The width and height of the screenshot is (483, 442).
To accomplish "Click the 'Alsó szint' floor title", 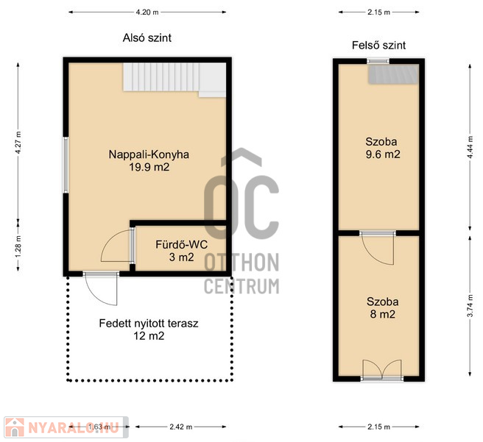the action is pyautogui.click(x=147, y=38).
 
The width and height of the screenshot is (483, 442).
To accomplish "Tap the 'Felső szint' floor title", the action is pyautogui.click(x=378, y=46).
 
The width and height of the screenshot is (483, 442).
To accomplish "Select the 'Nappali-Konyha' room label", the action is pyautogui.click(x=149, y=154).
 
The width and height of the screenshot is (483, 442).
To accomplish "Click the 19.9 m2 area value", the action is pyautogui.click(x=149, y=167).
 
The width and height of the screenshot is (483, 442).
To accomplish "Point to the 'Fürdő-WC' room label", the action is pyautogui.click(x=181, y=244).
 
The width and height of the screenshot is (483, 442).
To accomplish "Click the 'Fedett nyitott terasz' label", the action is pyautogui.click(x=149, y=324).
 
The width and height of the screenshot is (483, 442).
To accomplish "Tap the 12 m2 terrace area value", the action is pyautogui.click(x=149, y=336).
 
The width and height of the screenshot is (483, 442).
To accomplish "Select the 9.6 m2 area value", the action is pyautogui.click(x=383, y=154).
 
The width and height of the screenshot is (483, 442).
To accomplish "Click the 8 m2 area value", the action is pyautogui.click(x=383, y=314).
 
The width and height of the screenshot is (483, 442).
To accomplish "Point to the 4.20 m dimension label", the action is pyautogui.click(x=147, y=13).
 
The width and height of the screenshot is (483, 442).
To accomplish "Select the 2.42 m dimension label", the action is pyautogui.click(x=181, y=427).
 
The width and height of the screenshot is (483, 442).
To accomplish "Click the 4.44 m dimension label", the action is pyautogui.click(x=470, y=147).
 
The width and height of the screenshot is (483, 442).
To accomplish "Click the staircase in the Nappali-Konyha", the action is pyautogui.click(x=174, y=79).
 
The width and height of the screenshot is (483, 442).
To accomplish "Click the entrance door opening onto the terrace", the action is pyautogui.click(x=101, y=288).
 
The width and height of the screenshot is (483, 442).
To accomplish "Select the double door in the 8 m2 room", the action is pyautogui.click(x=382, y=369).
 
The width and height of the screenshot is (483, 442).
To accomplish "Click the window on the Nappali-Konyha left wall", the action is pyautogui.click(x=66, y=165).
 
